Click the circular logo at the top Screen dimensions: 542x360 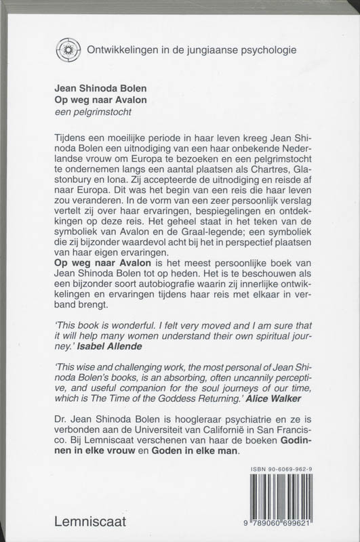66,50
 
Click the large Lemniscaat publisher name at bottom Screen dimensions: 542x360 92,521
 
